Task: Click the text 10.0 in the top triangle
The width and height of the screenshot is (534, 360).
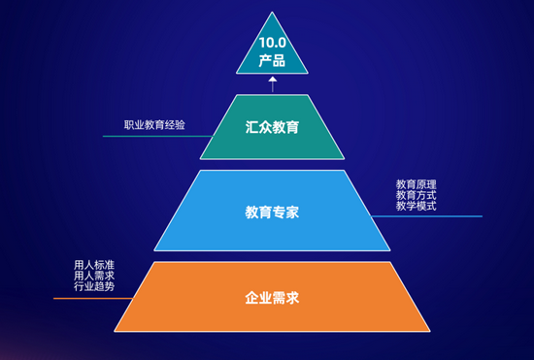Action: [272, 43]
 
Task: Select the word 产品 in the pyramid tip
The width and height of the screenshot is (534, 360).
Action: [272, 60]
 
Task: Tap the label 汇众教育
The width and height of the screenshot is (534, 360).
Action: [272, 126]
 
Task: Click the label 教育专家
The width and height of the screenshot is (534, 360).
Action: [272, 210]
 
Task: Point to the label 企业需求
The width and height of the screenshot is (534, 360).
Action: [272, 297]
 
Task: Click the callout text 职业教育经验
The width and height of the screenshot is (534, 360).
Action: [154, 125]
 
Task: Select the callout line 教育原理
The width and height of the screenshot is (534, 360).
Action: [417, 183]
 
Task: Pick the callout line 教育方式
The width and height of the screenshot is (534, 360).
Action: [417, 195]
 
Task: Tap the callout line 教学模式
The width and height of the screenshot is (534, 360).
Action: [417, 207]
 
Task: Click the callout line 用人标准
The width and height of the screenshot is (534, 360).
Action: [94, 264]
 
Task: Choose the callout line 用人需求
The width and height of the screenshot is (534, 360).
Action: [94, 276]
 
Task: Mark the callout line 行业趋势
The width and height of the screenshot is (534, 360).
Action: [94, 287]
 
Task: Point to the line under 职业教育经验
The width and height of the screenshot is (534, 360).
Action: [155, 136]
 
